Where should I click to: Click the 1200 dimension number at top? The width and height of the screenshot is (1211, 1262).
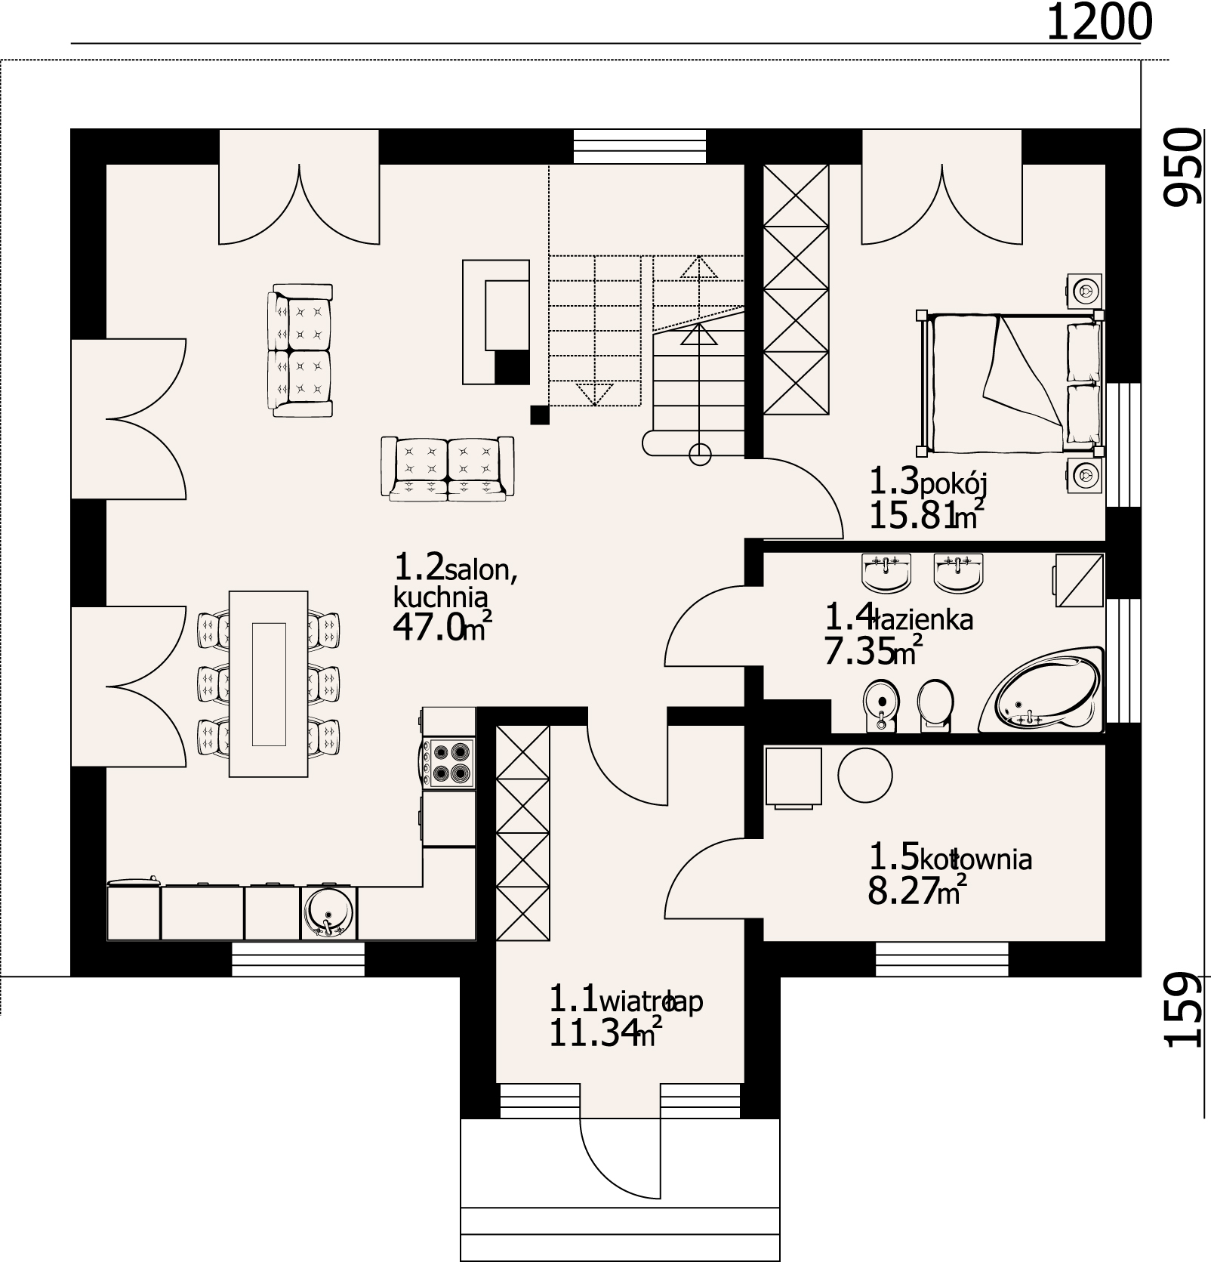(x=1099, y=23)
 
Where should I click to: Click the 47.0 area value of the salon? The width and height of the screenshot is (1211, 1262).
(x=428, y=628)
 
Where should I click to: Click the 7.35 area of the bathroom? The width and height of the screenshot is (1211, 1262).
(x=857, y=652)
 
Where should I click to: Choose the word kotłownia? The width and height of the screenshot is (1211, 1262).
(x=975, y=859)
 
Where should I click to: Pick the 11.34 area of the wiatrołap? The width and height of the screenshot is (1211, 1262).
(x=590, y=1033)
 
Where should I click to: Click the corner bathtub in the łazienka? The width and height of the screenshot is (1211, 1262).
(x=1042, y=690)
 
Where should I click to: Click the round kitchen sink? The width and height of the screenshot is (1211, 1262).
(x=328, y=912)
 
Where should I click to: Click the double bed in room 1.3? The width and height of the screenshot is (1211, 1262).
(x=1009, y=383)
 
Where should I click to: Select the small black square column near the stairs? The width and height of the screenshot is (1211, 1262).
(x=539, y=415)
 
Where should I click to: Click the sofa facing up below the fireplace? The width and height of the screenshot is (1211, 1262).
(x=448, y=468)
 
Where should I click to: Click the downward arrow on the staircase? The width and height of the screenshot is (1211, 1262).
(x=594, y=393)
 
